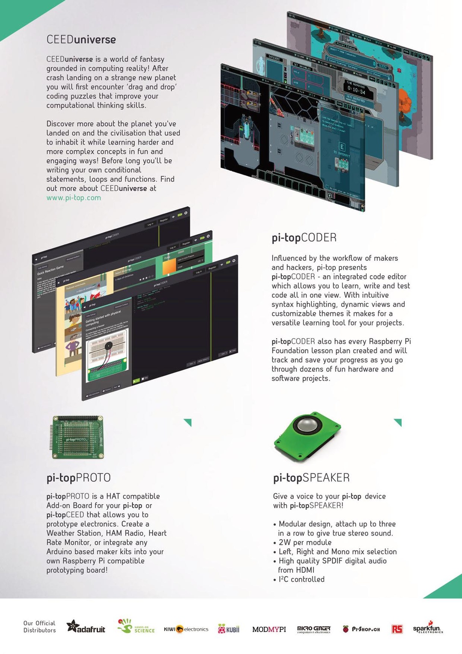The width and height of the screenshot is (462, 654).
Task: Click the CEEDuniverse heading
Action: point(81,40)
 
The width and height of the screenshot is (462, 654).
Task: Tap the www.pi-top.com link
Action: point(74,198)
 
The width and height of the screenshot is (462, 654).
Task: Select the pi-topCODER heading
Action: point(304,238)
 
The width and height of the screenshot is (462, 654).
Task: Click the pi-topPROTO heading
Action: point(78,478)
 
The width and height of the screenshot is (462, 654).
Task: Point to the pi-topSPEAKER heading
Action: point(311,478)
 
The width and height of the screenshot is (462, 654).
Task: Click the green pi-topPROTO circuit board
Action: point(77,437)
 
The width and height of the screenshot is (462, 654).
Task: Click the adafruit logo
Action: point(86,628)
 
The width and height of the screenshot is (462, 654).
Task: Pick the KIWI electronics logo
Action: point(186,629)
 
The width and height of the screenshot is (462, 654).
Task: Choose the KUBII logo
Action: point(228,629)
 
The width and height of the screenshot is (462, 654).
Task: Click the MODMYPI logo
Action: point(269,629)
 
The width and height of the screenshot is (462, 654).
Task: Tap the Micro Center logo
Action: point(314,629)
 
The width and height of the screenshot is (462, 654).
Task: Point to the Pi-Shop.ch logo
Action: point(361,629)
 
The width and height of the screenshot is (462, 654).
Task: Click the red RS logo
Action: point(397,629)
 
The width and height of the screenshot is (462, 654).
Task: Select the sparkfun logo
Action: point(427,628)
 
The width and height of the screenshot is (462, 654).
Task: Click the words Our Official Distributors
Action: point(39,627)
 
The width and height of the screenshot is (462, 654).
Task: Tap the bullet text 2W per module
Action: point(305,542)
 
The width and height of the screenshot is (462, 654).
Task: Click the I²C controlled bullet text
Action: point(302,579)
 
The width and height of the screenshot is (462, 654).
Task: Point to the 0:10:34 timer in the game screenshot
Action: point(356,91)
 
